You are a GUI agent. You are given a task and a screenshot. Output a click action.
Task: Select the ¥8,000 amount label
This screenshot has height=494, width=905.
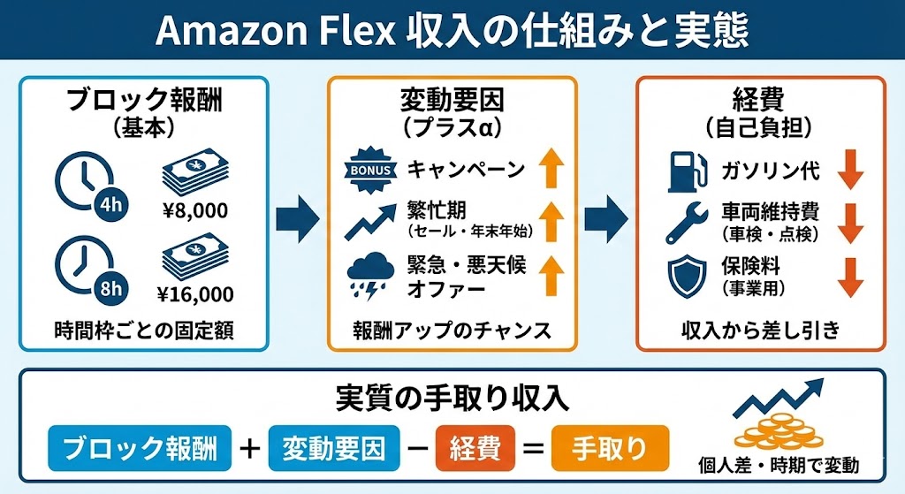[x=195, y=210]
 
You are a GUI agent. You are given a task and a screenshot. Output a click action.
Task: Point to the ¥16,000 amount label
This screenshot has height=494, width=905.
[x=195, y=293]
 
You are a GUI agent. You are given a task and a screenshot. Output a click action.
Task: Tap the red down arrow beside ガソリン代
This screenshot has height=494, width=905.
[x=850, y=169]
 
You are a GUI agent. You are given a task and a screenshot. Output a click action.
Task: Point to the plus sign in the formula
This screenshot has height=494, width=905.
[x=250, y=449]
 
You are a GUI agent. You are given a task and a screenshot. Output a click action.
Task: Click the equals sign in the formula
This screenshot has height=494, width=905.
[x=532, y=449]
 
